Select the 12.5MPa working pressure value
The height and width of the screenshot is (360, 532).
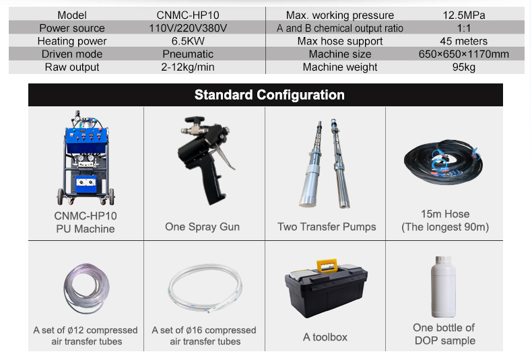point(465,15)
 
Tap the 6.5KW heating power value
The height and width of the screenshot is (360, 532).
point(188,41)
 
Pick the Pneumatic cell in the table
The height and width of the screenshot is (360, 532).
point(188,54)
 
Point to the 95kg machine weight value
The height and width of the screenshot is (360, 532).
point(464,67)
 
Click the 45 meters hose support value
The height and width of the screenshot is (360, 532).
point(464,41)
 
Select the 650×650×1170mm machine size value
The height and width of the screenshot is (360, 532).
point(464,54)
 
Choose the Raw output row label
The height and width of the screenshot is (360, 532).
point(72,67)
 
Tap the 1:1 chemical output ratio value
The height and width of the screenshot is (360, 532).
point(464,28)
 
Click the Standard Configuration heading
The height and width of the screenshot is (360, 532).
point(269,95)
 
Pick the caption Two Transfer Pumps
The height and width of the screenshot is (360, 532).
point(327,227)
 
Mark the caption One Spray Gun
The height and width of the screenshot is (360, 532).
point(202,227)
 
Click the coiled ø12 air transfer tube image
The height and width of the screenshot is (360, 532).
point(84,290)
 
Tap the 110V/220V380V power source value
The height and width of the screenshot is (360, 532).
point(188,28)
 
